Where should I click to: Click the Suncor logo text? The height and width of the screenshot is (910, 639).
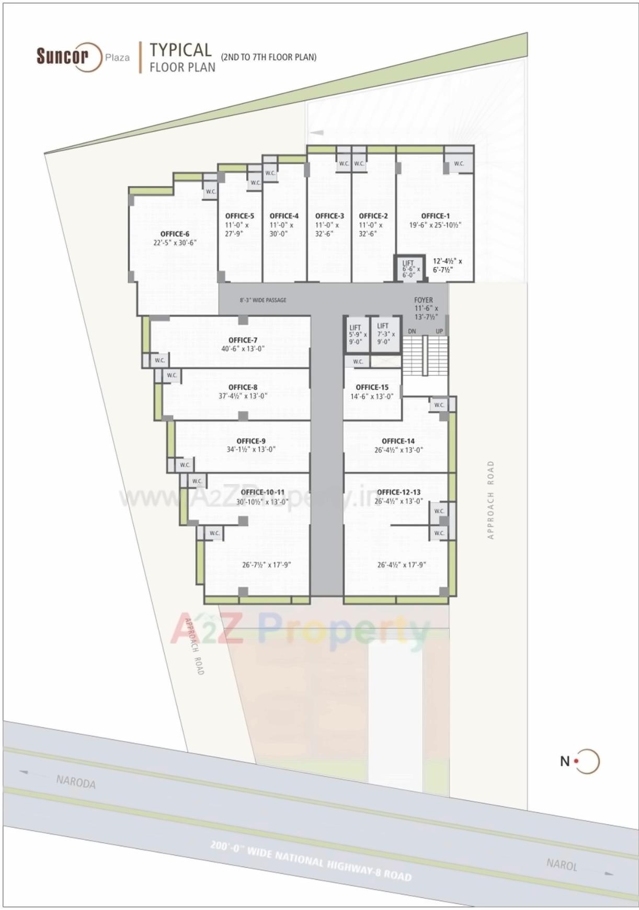pos(62,55)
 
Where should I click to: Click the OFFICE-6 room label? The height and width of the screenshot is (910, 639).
pos(175,234)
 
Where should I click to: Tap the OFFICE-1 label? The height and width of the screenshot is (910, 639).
pos(435,215)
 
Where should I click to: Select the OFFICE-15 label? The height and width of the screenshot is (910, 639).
pos(372,387)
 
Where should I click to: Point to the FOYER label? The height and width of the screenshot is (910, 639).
pos(423,300)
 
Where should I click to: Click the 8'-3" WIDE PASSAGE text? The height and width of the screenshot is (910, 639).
pos(263,300)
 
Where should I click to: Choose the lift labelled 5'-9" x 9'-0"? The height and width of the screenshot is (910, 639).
pos(357,334)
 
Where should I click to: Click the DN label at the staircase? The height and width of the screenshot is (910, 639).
pos(412,331)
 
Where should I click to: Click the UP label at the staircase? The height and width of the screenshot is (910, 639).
pos(439,331)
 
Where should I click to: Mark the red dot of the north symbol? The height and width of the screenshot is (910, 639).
pos(576,761)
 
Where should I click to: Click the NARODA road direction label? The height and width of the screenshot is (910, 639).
pos(76,782)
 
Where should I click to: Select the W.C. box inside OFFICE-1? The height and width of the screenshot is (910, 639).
pos(459,164)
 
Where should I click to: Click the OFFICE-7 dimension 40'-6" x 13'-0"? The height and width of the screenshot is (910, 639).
pos(243,349)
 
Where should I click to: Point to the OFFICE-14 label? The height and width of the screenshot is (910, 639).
pos(398,441)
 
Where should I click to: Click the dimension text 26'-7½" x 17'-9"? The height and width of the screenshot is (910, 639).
pos(266,565)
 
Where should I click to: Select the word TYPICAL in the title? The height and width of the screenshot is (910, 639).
pos(180,50)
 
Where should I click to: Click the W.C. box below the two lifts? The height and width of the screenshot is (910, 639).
pos(358,361)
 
